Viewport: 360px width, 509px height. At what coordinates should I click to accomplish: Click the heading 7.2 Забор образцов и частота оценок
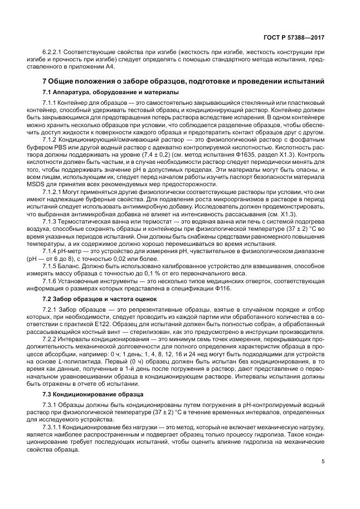tap(99, 299)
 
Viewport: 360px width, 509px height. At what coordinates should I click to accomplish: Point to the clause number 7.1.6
tap(51, 282)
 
